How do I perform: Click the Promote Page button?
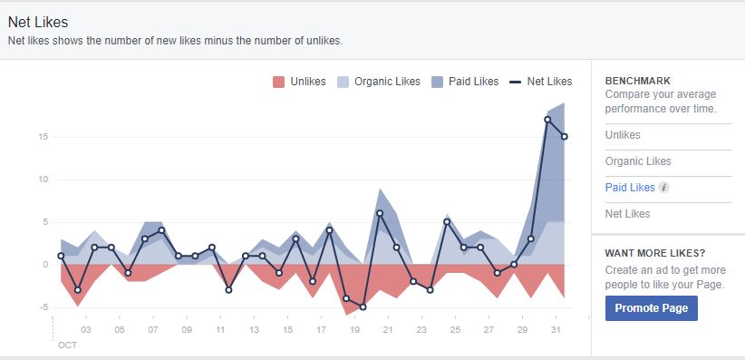(651, 308)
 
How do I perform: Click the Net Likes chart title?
(38, 22)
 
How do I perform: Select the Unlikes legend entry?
(298, 82)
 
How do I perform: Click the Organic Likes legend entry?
(378, 82)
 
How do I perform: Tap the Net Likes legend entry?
(541, 82)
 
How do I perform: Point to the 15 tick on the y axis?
(43, 137)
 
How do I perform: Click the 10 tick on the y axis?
(43, 180)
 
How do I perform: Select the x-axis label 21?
(387, 330)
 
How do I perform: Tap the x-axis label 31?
(555, 330)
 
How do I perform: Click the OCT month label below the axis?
(68, 345)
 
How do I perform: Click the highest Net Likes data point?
(548, 120)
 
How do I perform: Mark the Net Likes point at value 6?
(380, 213)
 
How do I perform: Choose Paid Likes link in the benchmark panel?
(629, 188)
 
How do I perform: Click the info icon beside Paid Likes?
(663, 188)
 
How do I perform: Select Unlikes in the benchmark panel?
(623, 135)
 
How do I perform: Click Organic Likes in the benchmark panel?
(638, 161)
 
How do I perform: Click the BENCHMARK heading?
(636, 81)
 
